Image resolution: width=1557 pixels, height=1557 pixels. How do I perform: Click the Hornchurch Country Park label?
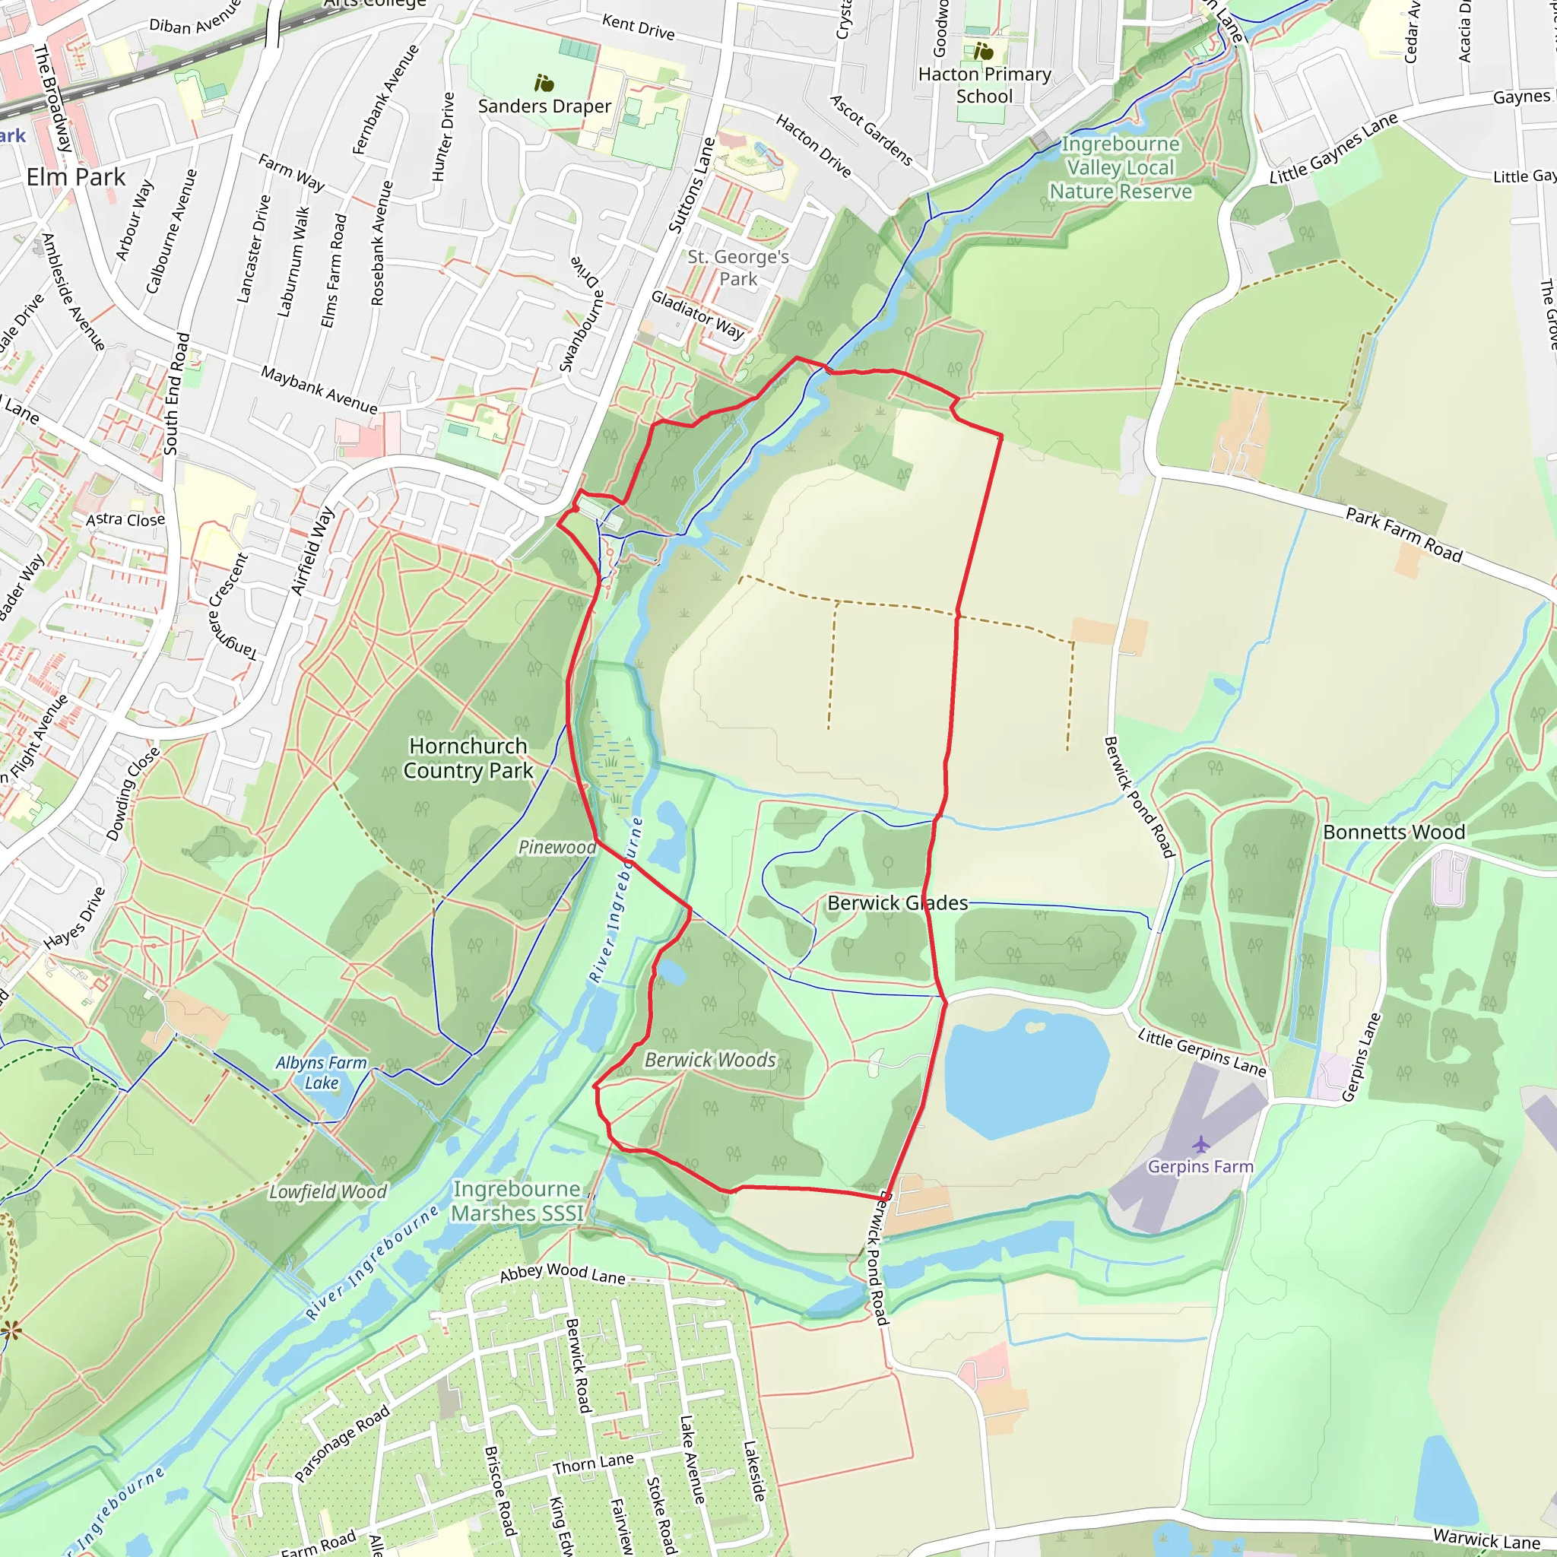pyautogui.click(x=468, y=758)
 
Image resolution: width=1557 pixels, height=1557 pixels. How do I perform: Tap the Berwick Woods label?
pyautogui.click(x=710, y=1060)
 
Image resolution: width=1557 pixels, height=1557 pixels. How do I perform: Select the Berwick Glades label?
pyautogui.click(x=897, y=902)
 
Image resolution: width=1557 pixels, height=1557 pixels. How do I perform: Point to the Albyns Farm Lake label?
pyautogui.click(x=321, y=1073)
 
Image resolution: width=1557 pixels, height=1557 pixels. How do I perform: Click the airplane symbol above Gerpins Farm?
pyautogui.click(x=1200, y=1143)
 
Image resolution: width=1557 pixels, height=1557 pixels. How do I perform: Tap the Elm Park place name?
pyautogui.click(x=76, y=177)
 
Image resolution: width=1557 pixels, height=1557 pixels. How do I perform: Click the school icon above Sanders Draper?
pyautogui.click(x=544, y=83)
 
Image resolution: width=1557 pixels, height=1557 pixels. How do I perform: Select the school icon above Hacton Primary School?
pyautogui.click(x=983, y=52)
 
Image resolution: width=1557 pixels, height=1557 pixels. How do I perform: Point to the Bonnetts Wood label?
pyautogui.click(x=1394, y=832)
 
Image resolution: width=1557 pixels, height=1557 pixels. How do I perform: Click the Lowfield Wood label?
pyautogui.click(x=327, y=1192)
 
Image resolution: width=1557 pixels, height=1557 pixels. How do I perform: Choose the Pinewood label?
pyautogui.click(x=557, y=847)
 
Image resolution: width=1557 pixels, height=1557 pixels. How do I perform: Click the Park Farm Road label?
pyautogui.click(x=1403, y=534)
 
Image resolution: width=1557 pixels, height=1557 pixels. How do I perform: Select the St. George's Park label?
pyautogui.click(x=737, y=268)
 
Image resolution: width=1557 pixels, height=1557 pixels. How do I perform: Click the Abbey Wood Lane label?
pyautogui.click(x=562, y=1273)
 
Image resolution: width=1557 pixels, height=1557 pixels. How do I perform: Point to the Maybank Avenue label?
pyautogui.click(x=319, y=389)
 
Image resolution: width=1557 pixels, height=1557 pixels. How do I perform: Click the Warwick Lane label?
pyautogui.click(x=1486, y=1540)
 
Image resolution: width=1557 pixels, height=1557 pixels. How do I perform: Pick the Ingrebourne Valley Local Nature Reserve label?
pyautogui.click(x=1120, y=167)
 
